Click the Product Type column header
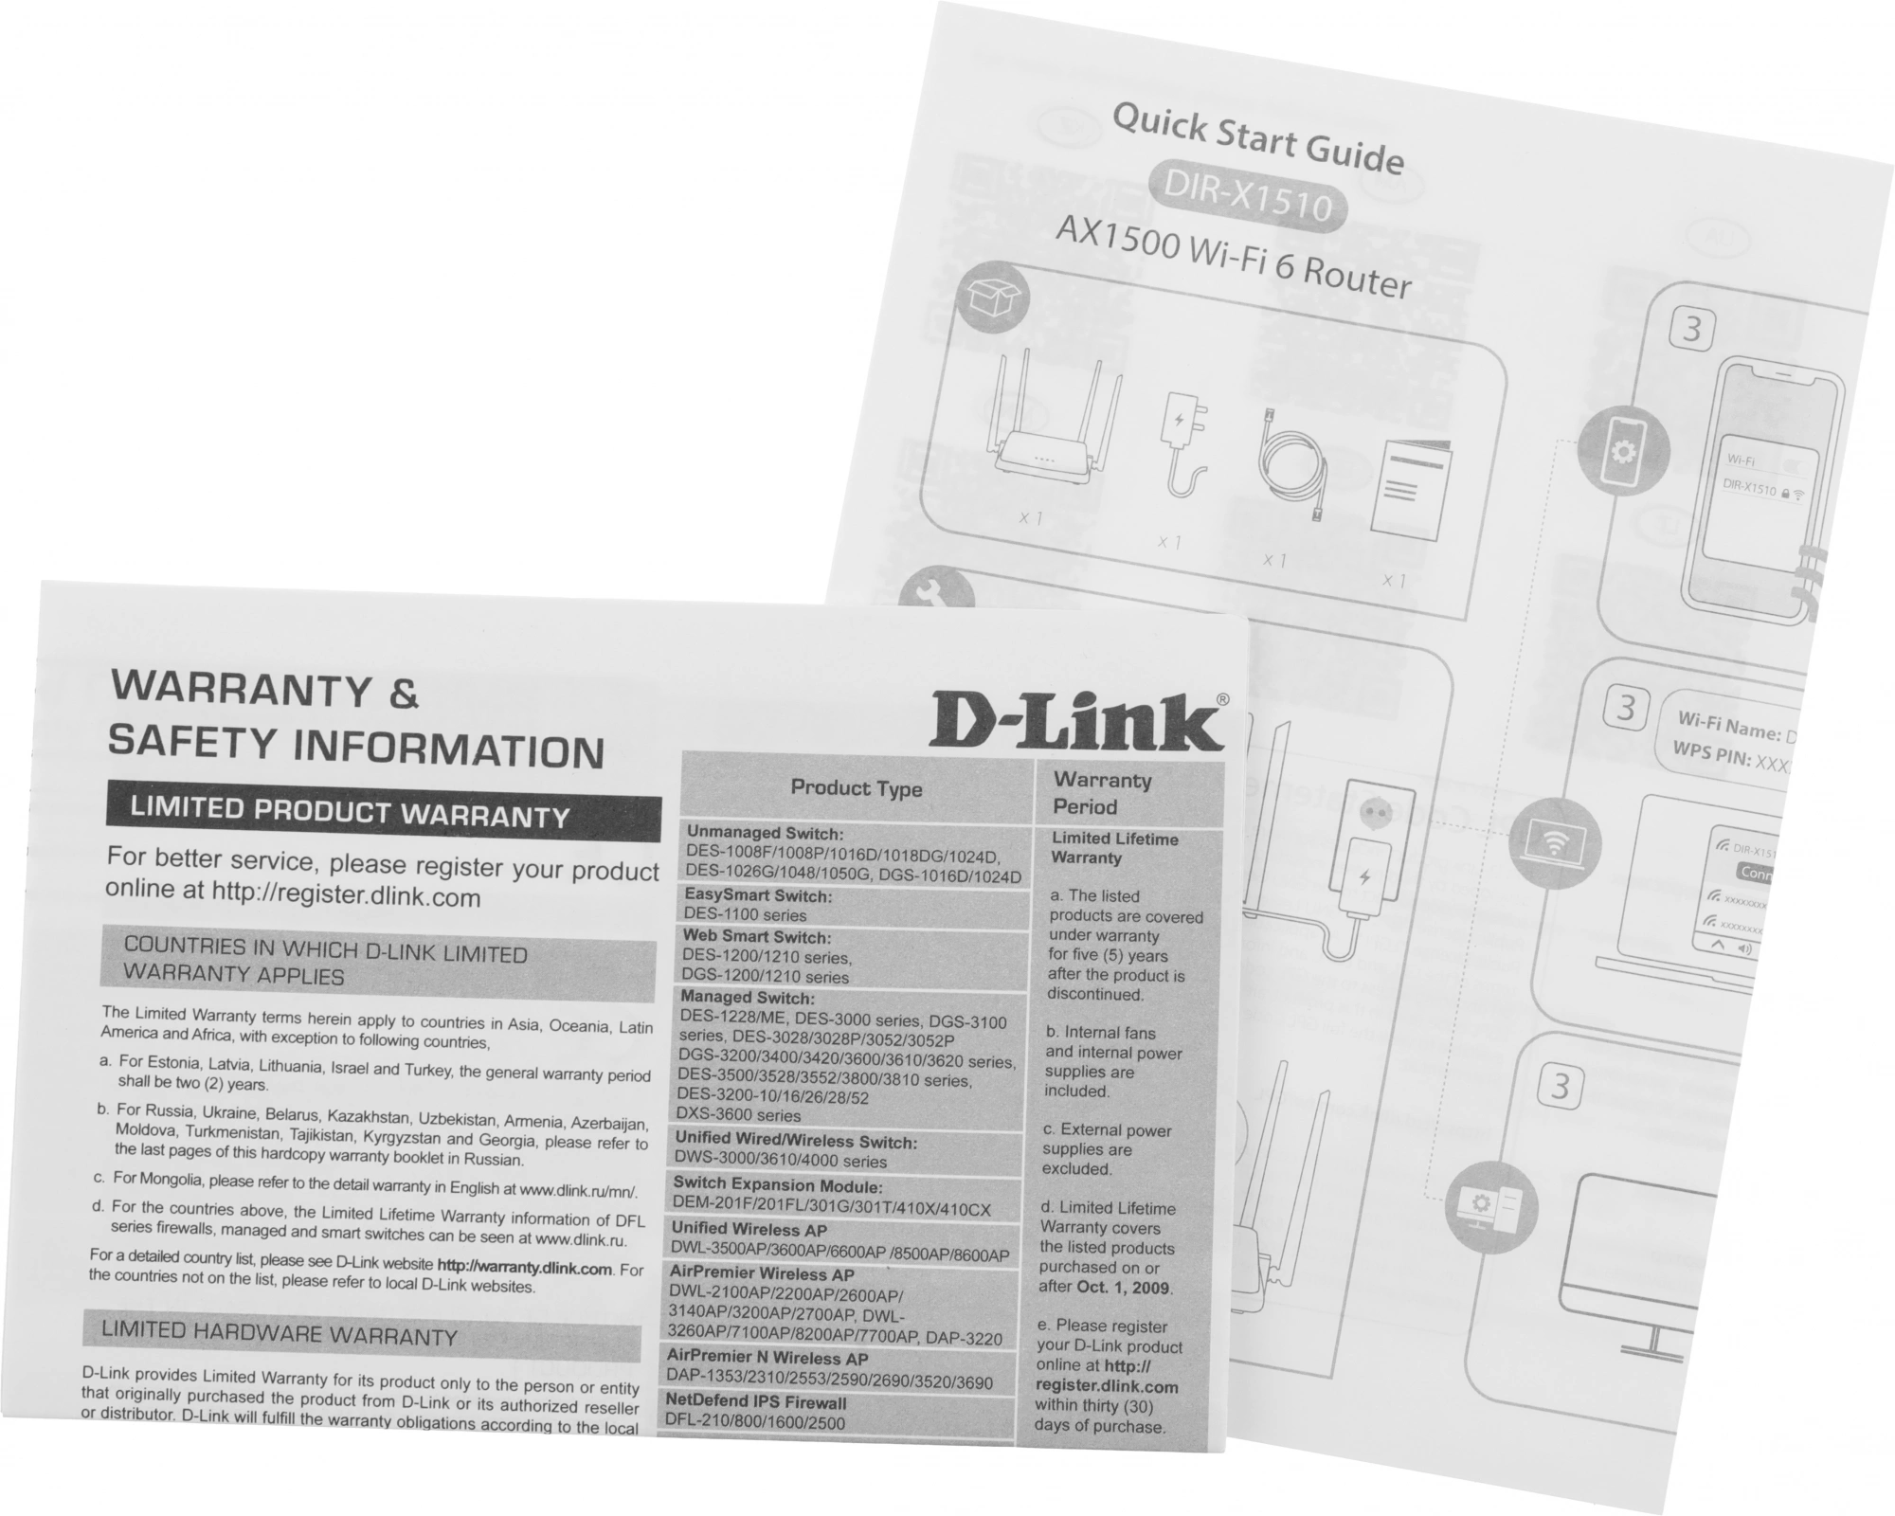point(857,788)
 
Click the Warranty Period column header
point(1102,794)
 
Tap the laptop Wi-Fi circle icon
point(1553,840)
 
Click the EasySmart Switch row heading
point(758,895)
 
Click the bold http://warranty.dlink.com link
point(524,1267)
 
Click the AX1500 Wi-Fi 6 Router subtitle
point(1232,255)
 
